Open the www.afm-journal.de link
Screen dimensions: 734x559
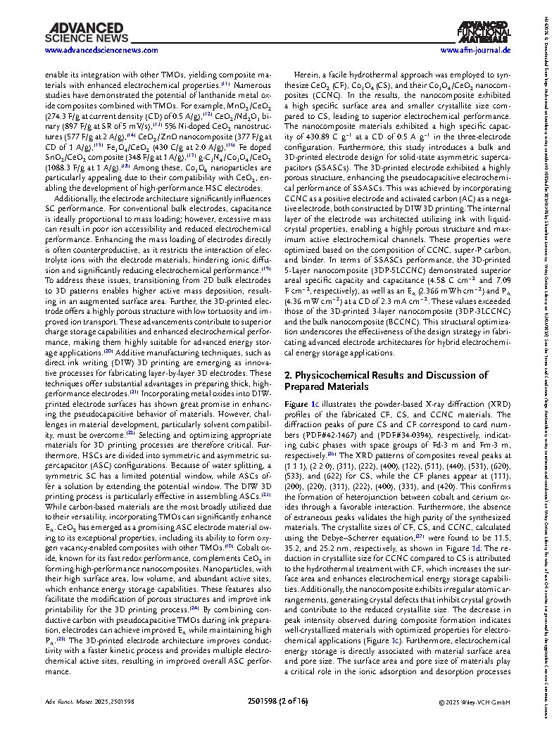[x=476, y=51]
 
